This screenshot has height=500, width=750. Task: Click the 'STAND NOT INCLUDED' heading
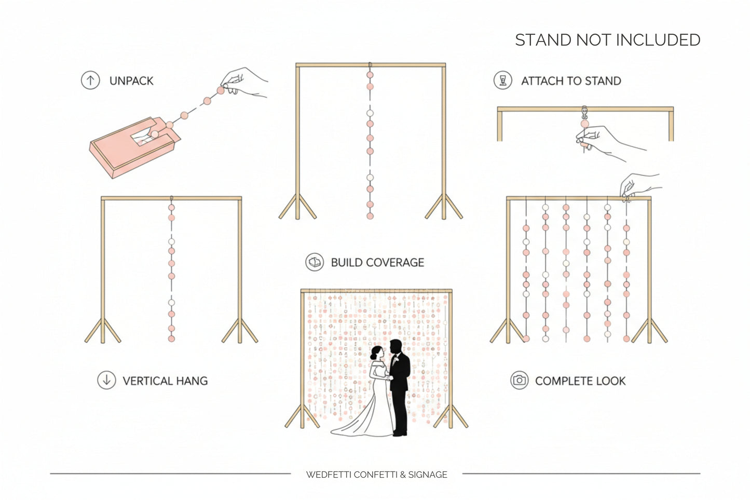(x=607, y=40)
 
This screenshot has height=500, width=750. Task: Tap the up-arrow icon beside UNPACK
(x=90, y=80)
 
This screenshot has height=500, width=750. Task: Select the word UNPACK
(x=131, y=81)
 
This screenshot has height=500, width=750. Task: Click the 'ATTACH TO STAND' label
(x=571, y=81)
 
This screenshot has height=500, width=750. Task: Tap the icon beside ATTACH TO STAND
(x=502, y=80)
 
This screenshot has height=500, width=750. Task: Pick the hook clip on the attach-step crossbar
(x=585, y=112)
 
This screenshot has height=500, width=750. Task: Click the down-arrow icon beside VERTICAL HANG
(x=106, y=380)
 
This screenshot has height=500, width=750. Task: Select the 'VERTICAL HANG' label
(x=165, y=381)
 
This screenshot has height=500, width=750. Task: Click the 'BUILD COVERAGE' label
(x=377, y=263)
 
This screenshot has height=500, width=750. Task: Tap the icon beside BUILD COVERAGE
(x=315, y=262)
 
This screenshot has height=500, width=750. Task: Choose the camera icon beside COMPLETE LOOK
(x=519, y=380)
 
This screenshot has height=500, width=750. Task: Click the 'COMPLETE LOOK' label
(x=580, y=381)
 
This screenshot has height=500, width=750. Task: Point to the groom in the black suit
(x=400, y=384)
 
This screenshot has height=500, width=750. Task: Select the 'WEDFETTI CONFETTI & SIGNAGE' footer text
(x=376, y=475)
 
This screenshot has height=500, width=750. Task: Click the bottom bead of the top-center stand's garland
(x=370, y=216)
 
